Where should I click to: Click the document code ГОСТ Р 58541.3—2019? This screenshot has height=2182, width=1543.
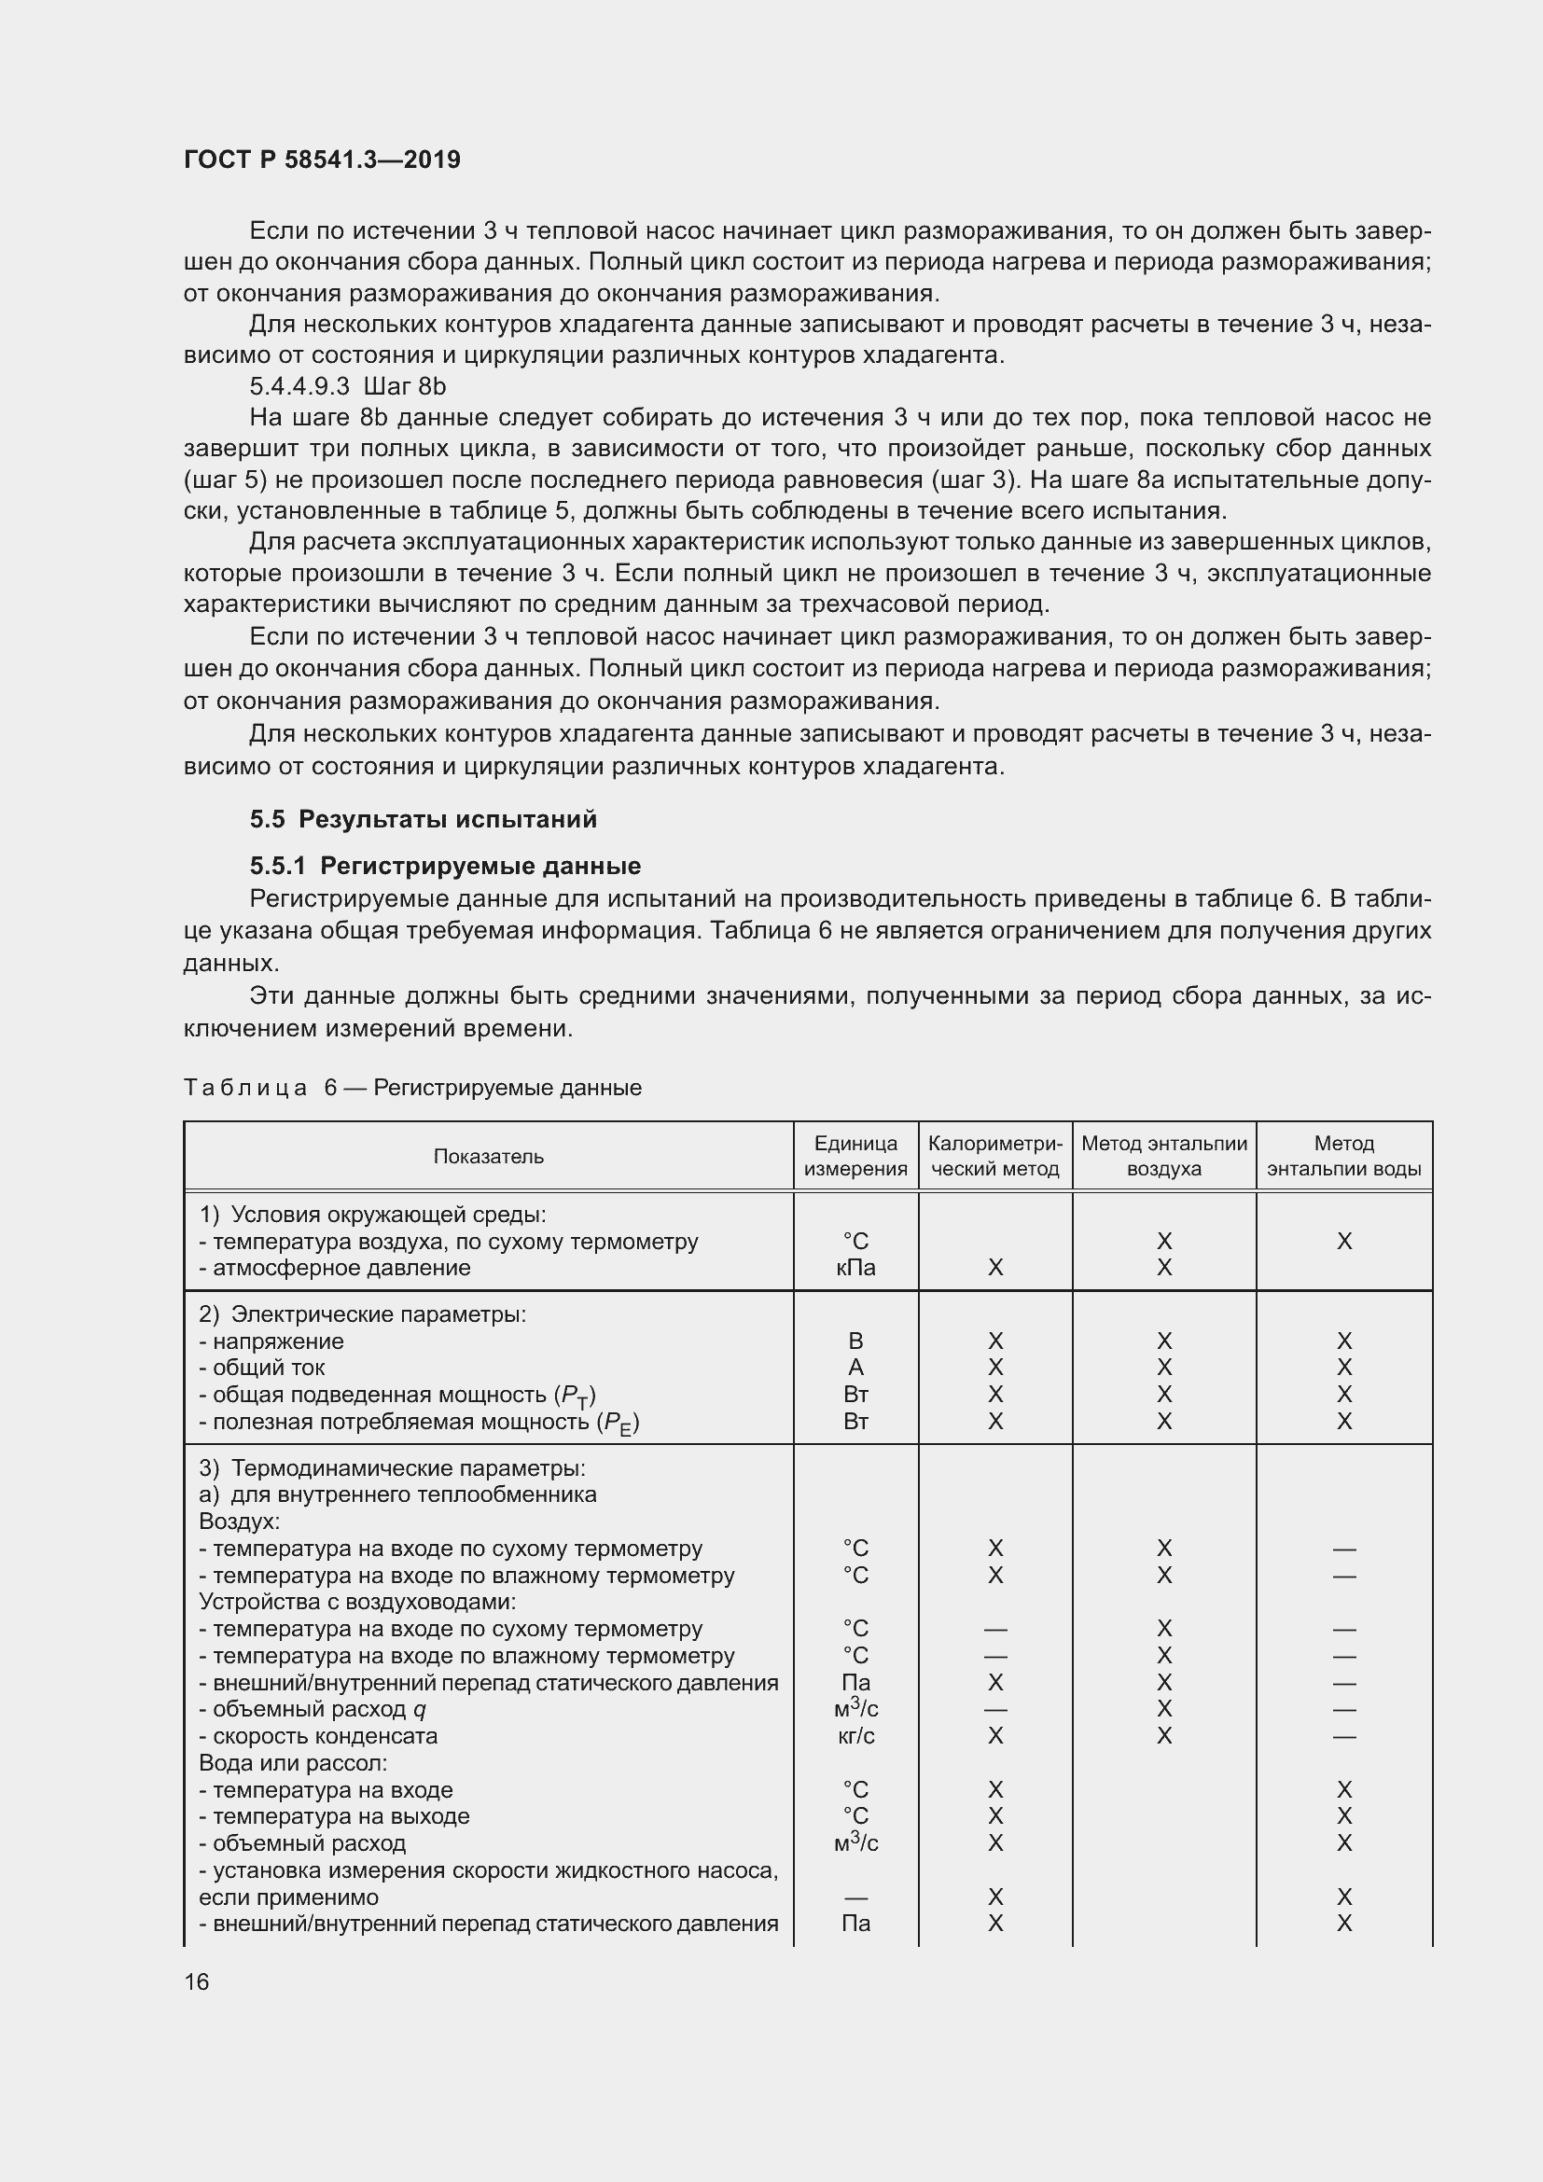click(322, 160)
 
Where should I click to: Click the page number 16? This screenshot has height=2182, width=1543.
click(197, 1980)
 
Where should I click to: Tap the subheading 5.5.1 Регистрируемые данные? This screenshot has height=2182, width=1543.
click(445, 865)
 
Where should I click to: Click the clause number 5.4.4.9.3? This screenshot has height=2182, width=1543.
click(299, 386)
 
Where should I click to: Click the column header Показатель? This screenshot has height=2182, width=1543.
click(488, 1156)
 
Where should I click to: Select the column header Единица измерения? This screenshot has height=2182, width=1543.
click(855, 1156)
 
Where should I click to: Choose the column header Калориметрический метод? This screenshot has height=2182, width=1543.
click(994, 1156)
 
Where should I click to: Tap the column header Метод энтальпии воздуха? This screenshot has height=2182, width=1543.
click(1164, 1156)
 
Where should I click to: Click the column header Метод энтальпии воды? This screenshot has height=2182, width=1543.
click(1343, 1156)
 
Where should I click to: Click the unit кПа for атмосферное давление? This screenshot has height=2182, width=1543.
click(855, 1267)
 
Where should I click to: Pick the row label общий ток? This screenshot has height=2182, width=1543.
click(268, 1367)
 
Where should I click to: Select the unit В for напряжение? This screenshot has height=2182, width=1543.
click(855, 1341)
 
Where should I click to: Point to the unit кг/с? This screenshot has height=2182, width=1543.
click(855, 1735)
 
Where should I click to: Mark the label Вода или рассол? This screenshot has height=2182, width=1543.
click(293, 1762)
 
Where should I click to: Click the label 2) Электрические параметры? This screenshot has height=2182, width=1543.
click(362, 1314)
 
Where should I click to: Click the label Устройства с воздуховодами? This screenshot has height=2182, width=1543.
click(356, 1602)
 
